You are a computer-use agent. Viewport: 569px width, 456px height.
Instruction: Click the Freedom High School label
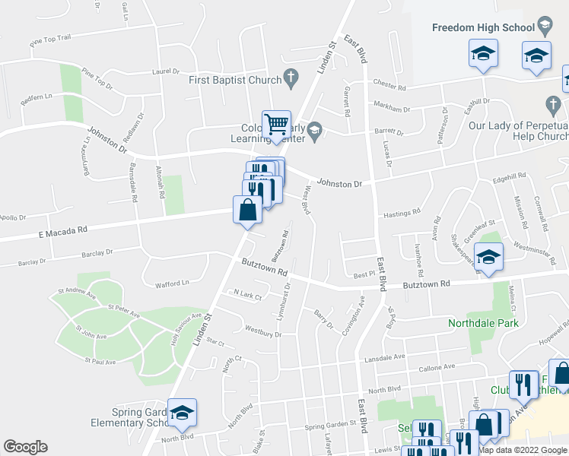(483, 28)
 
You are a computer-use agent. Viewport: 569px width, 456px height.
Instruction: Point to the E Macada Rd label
(63, 229)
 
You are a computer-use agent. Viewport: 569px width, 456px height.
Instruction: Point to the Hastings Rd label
(401, 214)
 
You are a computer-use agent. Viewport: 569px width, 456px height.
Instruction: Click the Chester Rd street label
(389, 84)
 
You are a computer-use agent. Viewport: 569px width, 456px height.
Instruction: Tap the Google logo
(25, 447)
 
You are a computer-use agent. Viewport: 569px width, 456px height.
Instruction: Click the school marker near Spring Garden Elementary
(182, 412)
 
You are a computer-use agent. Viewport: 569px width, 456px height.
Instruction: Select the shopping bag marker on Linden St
(248, 210)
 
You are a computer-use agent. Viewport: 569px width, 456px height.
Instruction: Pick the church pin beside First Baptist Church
(290, 76)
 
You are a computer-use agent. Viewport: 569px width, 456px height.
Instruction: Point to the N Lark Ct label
(247, 293)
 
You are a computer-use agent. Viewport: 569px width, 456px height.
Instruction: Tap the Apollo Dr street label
(14, 217)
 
